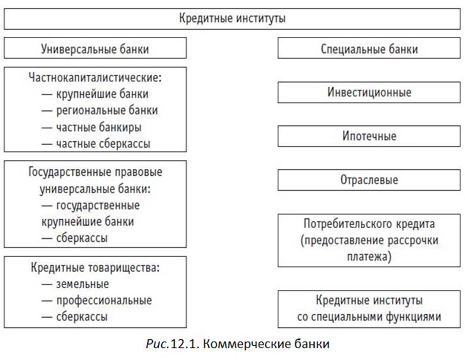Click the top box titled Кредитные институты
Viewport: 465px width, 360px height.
(232, 19)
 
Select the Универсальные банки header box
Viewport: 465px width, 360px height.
(95, 48)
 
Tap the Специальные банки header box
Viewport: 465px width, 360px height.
(369, 48)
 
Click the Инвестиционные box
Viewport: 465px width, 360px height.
(369, 93)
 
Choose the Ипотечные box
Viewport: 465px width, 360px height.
(369, 136)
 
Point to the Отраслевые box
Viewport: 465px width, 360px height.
(369, 180)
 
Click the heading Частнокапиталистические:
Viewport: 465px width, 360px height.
(95, 78)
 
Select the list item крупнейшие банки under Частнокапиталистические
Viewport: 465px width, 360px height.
(102, 94)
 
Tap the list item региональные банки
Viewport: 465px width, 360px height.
(107, 110)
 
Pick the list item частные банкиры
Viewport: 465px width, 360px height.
(99, 127)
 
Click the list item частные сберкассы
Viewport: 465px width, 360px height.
(103, 144)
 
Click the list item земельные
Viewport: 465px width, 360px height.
(83, 285)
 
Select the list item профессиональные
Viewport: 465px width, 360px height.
(104, 301)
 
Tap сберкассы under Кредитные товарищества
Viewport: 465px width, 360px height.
(82, 317)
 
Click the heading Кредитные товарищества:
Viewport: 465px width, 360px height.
(95, 268)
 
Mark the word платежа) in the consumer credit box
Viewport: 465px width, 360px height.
(369, 257)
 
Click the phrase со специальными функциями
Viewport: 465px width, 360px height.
(369, 317)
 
